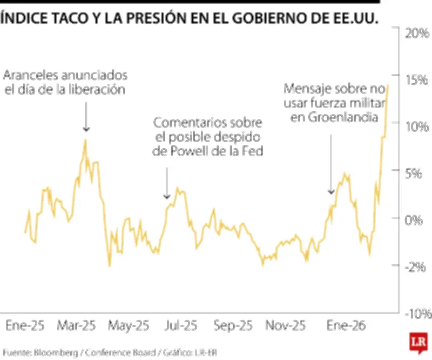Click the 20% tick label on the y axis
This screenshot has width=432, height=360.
tap(416, 34)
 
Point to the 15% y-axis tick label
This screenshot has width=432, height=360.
tap(416, 81)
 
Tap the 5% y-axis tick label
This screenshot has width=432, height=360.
tap(419, 174)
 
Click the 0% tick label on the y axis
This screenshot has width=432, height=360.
tap(419, 221)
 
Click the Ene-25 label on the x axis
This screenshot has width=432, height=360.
tap(25, 326)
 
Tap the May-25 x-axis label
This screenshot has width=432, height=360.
tap(129, 326)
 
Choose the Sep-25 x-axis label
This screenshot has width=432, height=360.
tap(233, 326)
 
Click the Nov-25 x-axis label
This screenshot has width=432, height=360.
tap(286, 326)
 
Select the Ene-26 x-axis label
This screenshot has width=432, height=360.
tap(347, 326)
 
